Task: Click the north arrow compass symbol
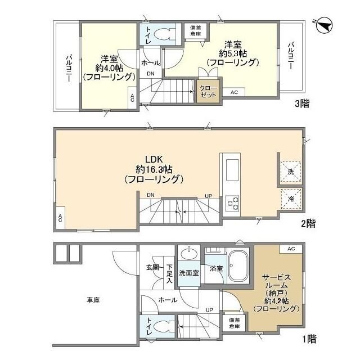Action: [323, 25]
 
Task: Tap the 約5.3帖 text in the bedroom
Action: [232, 53]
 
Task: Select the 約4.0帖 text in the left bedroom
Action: [109, 67]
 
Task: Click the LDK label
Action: [152, 159]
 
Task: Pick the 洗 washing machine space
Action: [291, 170]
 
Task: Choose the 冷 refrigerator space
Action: [291, 199]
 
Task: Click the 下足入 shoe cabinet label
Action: [169, 272]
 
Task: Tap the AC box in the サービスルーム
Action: [290, 249]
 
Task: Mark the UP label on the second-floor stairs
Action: [208, 195]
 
